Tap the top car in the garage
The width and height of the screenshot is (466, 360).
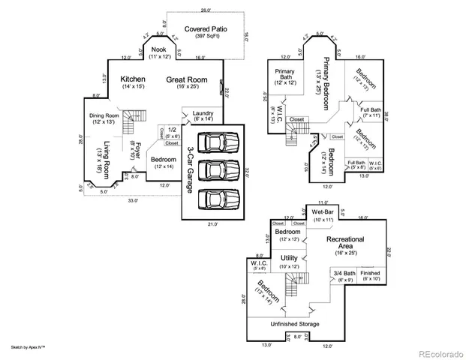tap(218, 142)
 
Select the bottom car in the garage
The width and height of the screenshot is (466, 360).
tap(218, 198)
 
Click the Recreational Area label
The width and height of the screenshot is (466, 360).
tap(345, 243)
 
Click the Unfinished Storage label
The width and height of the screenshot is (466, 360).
tap(294, 324)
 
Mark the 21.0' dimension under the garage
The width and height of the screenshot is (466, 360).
tap(212, 223)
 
